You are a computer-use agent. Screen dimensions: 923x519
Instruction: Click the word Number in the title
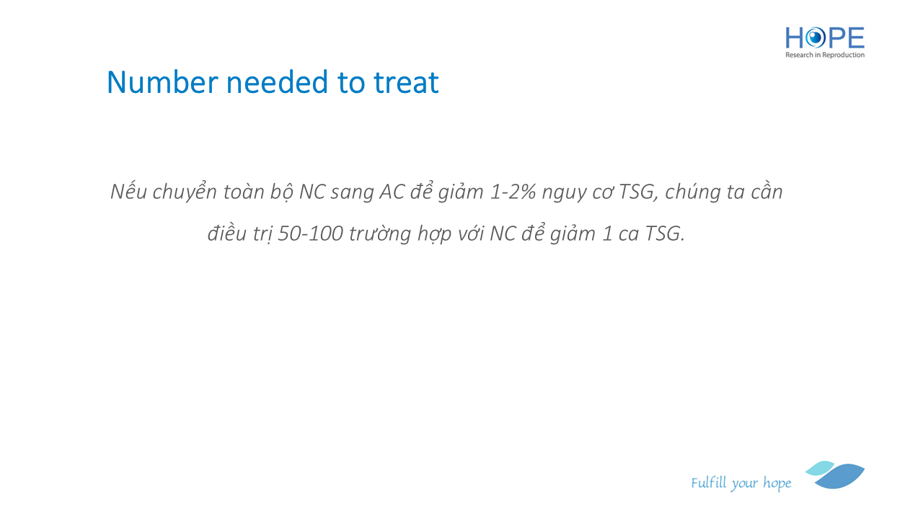click(x=162, y=82)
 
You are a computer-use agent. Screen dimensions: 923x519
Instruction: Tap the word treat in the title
click(x=406, y=82)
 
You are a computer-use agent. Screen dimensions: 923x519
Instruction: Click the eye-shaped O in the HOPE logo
click(x=815, y=38)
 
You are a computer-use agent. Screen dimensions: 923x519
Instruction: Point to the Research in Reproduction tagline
click(x=825, y=55)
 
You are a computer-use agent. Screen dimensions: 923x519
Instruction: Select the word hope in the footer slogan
click(x=777, y=483)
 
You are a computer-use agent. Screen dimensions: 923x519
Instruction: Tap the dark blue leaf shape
click(x=840, y=476)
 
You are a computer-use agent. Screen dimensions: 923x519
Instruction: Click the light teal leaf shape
click(x=820, y=468)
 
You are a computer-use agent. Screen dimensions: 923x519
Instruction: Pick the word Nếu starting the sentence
click(x=128, y=191)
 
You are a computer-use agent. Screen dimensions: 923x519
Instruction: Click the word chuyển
click(x=185, y=192)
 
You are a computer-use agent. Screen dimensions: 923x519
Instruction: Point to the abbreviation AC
click(x=392, y=192)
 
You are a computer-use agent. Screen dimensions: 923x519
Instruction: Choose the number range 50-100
click(x=311, y=234)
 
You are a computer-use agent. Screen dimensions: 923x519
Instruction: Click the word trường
click(x=380, y=233)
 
